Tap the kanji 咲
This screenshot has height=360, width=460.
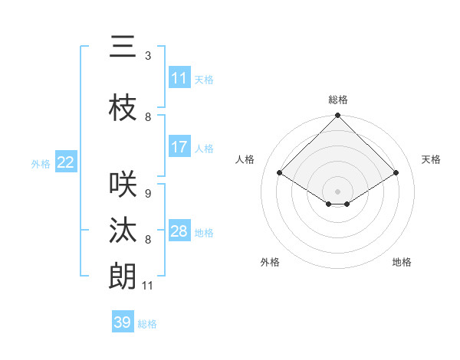pos(123,185)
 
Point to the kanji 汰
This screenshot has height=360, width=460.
pos(123,231)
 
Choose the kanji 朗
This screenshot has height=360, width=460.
pos(123,277)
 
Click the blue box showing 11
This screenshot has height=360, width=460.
pos(179,78)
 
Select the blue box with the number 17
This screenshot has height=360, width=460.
pos(179,147)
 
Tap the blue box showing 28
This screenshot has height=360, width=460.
pos(179,231)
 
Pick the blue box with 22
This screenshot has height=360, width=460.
pos(66,162)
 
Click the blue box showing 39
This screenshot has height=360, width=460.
pos(123,322)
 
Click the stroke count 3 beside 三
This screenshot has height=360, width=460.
pos(148,56)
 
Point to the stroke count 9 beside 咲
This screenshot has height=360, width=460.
pos(148,194)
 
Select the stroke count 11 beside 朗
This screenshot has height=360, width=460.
pos(148,286)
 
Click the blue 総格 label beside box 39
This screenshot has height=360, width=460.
pos(147,324)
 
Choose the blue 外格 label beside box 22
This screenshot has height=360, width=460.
pos(41,163)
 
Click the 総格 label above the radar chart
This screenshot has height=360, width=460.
pos(338,100)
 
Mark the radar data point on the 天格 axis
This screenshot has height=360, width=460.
pos(396,173)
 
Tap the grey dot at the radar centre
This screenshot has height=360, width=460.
pos(338,190)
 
